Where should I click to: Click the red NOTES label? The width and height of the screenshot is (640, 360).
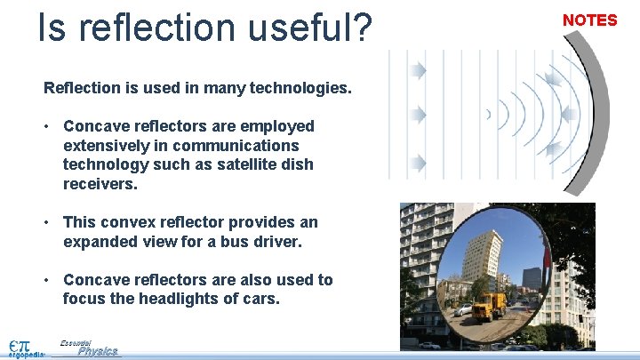pos(589,20)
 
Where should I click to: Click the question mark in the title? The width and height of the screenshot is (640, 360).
pos(359,28)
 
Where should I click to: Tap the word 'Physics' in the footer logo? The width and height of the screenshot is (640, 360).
pos(97,351)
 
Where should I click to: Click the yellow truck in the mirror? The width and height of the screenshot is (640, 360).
pos(488,307)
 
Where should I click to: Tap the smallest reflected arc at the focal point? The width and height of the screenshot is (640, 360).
pos(488,114)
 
